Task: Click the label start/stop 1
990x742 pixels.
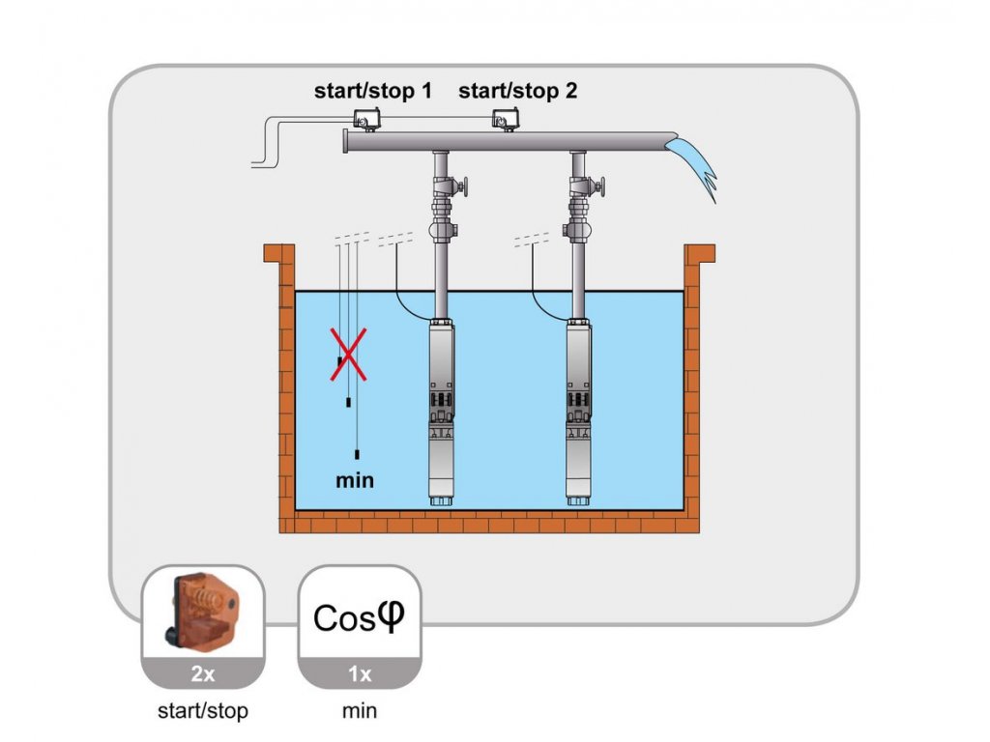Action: tap(372, 91)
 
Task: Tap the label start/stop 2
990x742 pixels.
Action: tap(518, 91)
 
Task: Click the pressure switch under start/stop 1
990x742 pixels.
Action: tap(366, 119)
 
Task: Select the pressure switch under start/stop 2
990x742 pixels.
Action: tap(505, 119)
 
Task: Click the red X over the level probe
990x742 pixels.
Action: tap(348, 355)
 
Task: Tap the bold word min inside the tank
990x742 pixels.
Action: tap(355, 480)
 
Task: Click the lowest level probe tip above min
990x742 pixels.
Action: tap(358, 454)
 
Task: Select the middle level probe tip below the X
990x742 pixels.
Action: tap(348, 402)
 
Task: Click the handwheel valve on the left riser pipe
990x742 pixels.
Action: tap(451, 186)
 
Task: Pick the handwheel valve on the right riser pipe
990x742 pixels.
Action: tap(587, 186)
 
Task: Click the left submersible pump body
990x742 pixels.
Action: tap(441, 409)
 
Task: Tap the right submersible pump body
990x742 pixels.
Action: tap(578, 409)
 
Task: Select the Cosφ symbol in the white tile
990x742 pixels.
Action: tap(359, 617)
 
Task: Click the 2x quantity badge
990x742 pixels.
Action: tap(203, 673)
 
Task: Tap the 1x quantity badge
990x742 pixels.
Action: tap(360, 673)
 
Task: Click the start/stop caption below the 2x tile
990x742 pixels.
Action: tap(203, 711)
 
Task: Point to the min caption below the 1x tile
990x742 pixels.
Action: tap(360, 711)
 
